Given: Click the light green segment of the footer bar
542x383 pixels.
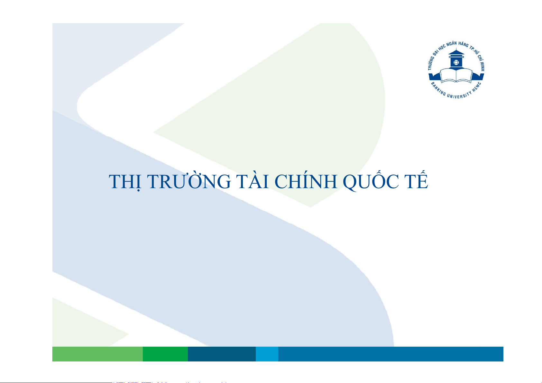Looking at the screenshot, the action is (x=97, y=354).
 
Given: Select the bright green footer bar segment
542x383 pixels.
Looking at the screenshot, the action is (x=165, y=354).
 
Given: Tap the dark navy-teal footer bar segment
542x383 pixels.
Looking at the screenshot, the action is (x=222, y=354).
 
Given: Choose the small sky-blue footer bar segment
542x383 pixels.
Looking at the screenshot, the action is (x=267, y=354).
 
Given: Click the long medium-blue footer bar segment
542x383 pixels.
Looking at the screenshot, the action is (x=391, y=354).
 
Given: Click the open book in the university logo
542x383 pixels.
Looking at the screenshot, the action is (x=456, y=76).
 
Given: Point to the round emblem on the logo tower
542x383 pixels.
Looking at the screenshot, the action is (x=456, y=62).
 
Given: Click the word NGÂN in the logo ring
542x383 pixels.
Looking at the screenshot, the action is (x=451, y=44).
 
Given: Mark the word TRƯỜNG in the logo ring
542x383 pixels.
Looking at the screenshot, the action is (x=431, y=63).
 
